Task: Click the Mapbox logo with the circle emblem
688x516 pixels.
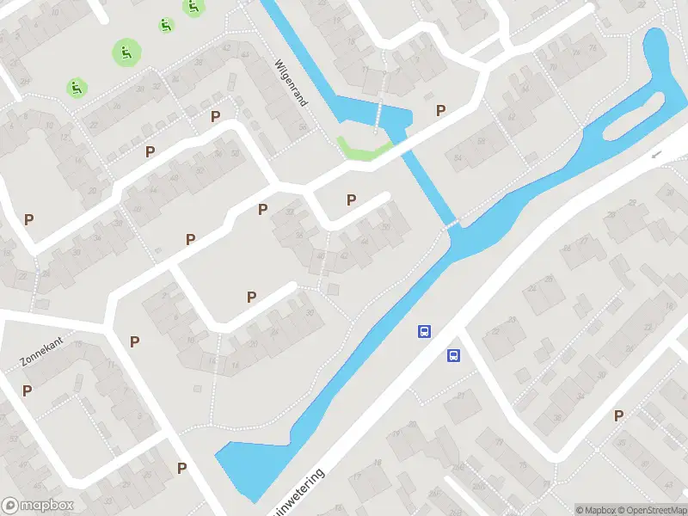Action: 38,506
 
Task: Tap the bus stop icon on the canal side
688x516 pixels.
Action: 424,331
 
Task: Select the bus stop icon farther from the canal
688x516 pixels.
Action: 453,355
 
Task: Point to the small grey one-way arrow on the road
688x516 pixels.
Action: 655,154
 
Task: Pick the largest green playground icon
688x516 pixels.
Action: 126,53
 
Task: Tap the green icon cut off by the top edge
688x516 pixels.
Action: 193,7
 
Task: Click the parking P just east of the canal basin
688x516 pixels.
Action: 441,110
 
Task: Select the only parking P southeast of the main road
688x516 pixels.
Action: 618,416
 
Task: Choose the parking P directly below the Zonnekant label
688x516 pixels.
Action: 28,390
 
